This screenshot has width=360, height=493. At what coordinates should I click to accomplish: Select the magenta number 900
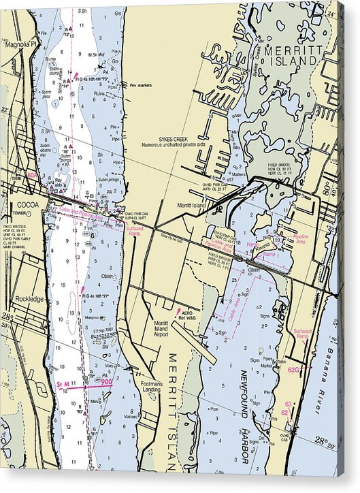106,382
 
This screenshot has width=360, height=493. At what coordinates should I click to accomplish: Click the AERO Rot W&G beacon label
186,315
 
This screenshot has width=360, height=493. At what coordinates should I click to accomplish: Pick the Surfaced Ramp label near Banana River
303,334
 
